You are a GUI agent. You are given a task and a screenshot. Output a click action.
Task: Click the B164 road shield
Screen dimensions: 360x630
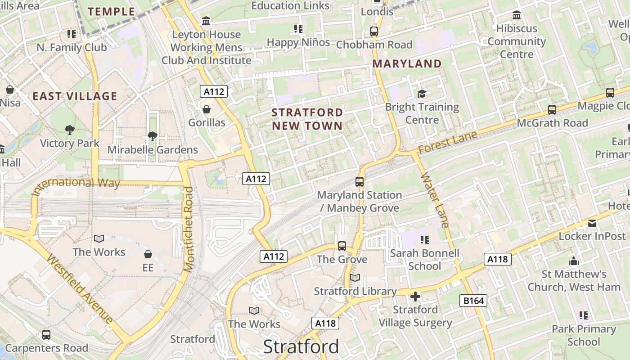click(x=473, y=301)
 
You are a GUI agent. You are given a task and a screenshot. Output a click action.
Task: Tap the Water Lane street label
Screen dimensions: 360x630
click(x=435, y=199)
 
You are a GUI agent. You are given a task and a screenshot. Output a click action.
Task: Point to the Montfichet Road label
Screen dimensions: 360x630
click(x=189, y=229)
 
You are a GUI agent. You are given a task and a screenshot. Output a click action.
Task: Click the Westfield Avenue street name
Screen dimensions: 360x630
click(x=80, y=290)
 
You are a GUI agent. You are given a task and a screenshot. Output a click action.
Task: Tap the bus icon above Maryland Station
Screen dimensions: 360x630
click(x=359, y=182)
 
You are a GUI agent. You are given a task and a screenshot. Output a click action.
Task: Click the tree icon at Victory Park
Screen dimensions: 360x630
click(x=69, y=130)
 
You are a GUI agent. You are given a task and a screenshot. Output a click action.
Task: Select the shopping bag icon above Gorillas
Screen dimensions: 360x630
click(x=207, y=109)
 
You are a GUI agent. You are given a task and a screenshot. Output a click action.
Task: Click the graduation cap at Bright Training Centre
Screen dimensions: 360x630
click(x=422, y=94)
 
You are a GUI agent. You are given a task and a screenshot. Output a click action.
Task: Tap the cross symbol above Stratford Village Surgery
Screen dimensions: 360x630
click(x=415, y=297)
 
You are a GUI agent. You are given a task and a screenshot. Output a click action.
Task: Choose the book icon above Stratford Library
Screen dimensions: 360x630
click(x=355, y=278)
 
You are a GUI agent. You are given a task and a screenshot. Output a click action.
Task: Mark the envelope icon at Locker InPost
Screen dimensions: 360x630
click(x=592, y=223)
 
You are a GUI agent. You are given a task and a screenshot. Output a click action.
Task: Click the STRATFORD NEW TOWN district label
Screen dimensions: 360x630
click(x=308, y=119)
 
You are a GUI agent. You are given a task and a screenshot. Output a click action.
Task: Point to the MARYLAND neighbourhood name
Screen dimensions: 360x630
click(x=407, y=64)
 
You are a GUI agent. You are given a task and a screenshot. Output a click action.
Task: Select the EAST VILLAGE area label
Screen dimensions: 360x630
click(x=75, y=96)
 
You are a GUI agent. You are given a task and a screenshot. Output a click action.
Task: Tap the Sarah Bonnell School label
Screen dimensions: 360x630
click(x=424, y=260)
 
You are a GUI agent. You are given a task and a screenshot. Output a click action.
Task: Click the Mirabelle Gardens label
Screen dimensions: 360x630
click(x=153, y=150)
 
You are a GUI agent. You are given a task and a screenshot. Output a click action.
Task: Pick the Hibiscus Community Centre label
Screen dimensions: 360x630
click(x=517, y=41)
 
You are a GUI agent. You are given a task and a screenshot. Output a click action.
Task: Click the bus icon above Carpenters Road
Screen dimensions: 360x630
click(x=46, y=335)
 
